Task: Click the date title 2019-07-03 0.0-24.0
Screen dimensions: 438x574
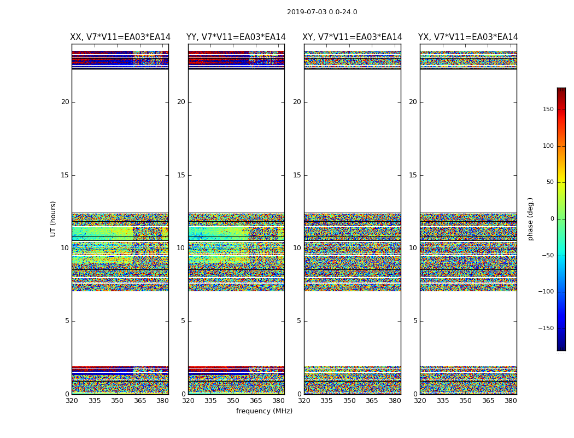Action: [x=322, y=12]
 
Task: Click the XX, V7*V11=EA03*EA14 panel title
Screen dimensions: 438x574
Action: [x=120, y=37]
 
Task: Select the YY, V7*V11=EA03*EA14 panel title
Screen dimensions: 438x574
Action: [x=236, y=37]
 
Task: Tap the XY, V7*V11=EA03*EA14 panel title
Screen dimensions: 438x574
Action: [x=352, y=37]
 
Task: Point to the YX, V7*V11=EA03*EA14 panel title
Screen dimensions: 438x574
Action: [x=468, y=37]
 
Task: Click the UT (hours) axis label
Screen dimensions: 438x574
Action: [x=54, y=218]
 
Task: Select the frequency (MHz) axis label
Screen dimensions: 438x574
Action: [x=264, y=411]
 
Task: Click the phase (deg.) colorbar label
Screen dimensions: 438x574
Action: [x=530, y=218]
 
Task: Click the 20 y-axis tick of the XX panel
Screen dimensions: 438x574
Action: [x=65, y=102]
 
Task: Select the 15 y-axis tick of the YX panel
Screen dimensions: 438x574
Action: [x=413, y=175]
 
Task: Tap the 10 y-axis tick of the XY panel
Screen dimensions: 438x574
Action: [x=297, y=248]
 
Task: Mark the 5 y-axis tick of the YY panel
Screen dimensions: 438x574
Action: [x=183, y=321]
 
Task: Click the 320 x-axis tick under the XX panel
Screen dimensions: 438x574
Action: [x=72, y=401]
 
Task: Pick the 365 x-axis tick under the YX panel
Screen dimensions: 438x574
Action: [x=488, y=401]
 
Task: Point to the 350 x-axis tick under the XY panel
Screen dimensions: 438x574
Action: [x=349, y=401]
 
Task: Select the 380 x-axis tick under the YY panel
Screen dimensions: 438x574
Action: [x=279, y=401]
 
